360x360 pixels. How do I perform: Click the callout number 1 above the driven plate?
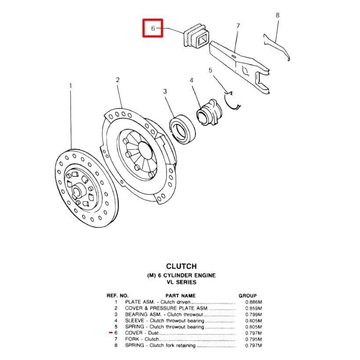(x=70, y=86)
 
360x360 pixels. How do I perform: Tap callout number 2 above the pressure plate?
(x=118, y=79)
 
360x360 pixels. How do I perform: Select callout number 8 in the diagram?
(x=277, y=15)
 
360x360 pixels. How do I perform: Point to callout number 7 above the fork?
(x=238, y=25)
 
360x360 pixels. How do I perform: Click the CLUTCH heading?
(x=181, y=266)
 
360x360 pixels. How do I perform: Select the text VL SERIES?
(x=181, y=282)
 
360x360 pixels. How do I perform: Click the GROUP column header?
(x=248, y=296)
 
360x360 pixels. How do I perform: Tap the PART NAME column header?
(x=180, y=296)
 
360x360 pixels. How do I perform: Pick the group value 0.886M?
(x=254, y=302)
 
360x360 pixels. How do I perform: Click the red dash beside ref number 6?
(x=110, y=333)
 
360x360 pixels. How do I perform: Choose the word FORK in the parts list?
(x=131, y=339)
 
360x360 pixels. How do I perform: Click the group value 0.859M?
(x=254, y=308)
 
